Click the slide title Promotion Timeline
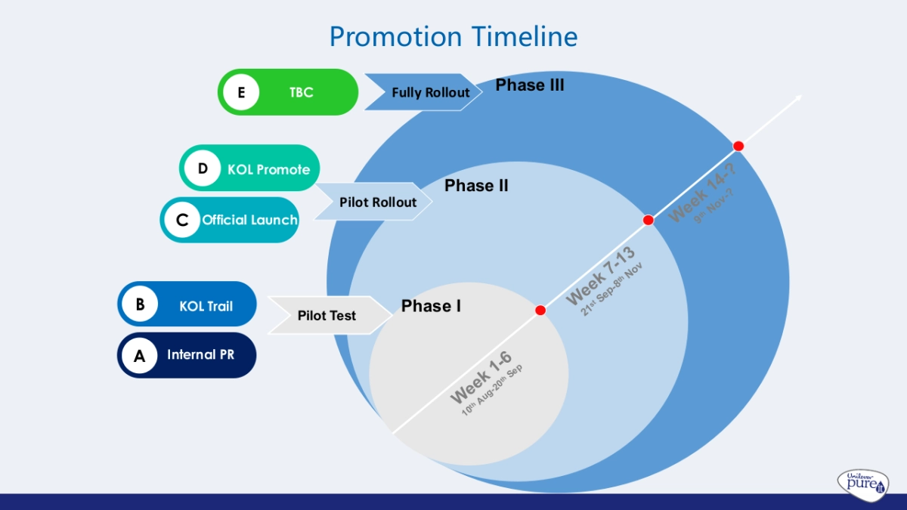coord(453,36)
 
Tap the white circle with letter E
coord(241,93)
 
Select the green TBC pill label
coord(301,93)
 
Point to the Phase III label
coord(529,85)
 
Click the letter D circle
coord(203,168)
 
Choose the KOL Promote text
coord(268,169)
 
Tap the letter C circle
coord(182,220)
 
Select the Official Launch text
coord(249,220)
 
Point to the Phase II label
coord(476,186)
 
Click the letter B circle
coord(140,304)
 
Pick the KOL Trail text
coord(206,306)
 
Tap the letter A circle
coord(140,356)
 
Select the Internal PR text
coord(200,354)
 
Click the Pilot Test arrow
coord(327,315)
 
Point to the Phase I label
coord(431,306)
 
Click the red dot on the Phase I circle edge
coord(540,311)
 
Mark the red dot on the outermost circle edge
coord(738,146)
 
